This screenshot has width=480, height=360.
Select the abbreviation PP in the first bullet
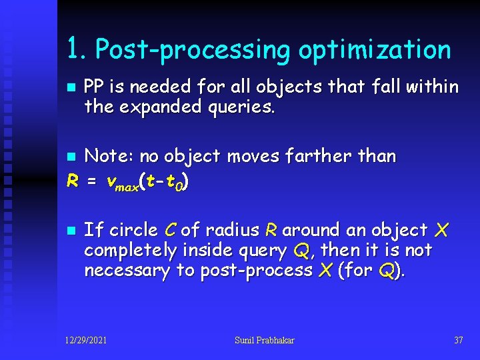(95, 87)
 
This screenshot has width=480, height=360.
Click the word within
(435, 87)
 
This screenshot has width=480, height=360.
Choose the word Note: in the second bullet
(110, 157)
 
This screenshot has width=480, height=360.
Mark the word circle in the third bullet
(133, 230)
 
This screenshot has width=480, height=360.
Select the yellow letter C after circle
(169, 230)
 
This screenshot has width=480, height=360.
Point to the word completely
(131, 251)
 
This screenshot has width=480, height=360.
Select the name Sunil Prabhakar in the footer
(264, 341)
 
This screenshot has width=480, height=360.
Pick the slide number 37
(458, 341)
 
